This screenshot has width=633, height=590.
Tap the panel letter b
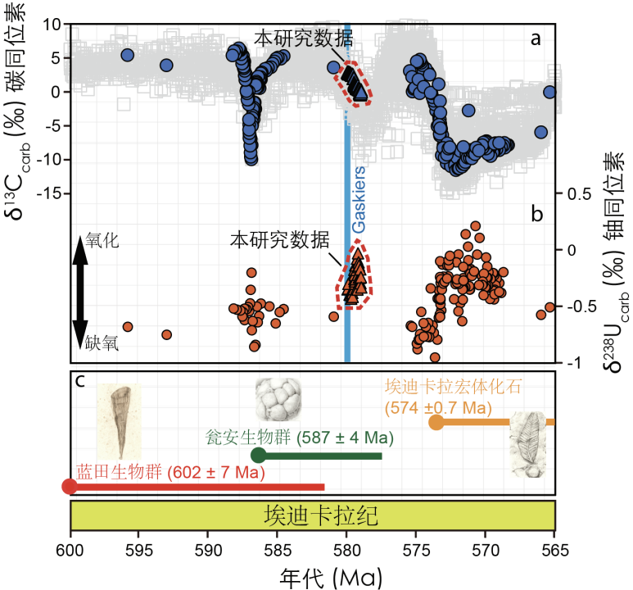coord(536,215)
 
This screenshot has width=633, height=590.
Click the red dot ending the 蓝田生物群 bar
coord(70,487)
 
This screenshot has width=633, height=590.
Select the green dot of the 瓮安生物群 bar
coord(259,456)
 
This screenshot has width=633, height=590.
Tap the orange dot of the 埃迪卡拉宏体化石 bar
coord(436,423)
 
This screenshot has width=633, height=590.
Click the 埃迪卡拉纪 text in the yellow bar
coord(313,515)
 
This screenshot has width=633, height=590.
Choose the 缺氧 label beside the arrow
coord(103,345)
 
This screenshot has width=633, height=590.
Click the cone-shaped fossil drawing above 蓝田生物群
coord(118,421)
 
